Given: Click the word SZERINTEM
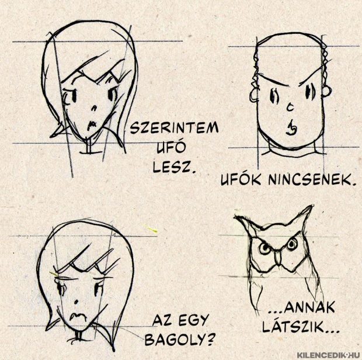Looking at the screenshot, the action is pos(175,128).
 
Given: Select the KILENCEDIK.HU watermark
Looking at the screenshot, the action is pos(328,355).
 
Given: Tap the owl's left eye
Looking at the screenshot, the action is pos(264,248).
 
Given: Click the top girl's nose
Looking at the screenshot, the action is pos(94,108).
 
